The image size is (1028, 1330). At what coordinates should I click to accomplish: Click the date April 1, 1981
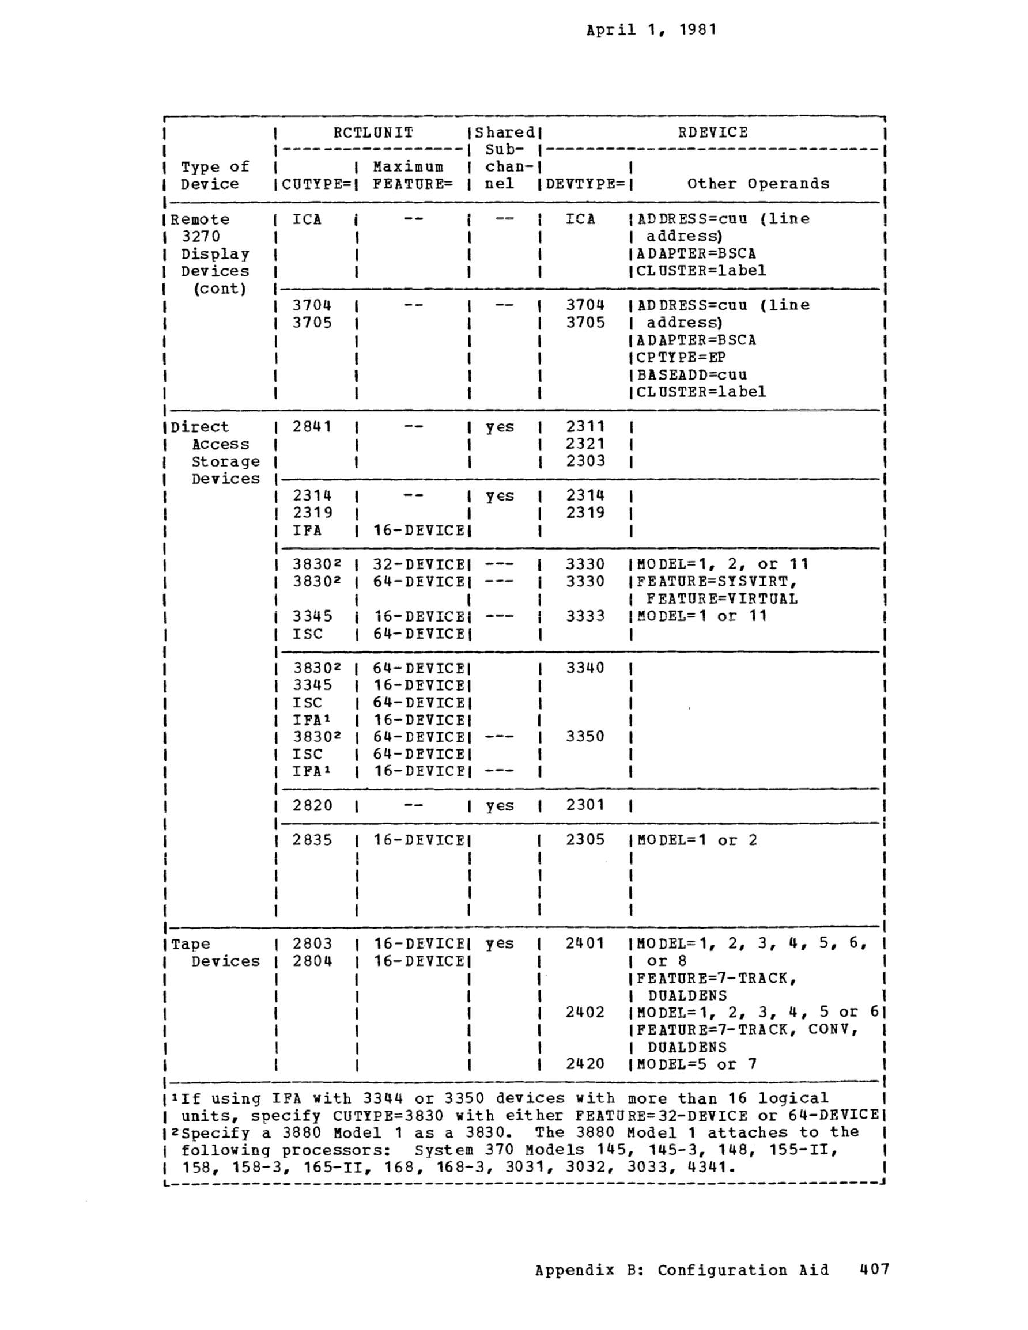tap(651, 30)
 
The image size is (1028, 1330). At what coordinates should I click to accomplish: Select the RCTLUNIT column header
tap(373, 132)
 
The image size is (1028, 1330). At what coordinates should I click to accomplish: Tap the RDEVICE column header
tap(712, 132)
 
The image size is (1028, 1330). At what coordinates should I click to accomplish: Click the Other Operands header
tap(758, 184)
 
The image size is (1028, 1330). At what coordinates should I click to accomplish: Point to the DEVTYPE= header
tap(585, 184)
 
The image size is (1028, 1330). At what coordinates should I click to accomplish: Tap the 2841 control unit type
tap(312, 427)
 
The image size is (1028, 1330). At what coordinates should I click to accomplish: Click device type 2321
tap(585, 444)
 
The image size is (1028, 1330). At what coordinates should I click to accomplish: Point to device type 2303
tap(585, 461)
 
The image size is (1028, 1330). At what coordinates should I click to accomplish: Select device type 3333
tap(585, 616)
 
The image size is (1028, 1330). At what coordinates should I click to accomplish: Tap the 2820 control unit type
tap(312, 805)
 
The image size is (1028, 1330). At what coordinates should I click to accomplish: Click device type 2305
tap(585, 840)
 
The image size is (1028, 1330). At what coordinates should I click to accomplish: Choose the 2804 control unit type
tap(312, 961)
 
